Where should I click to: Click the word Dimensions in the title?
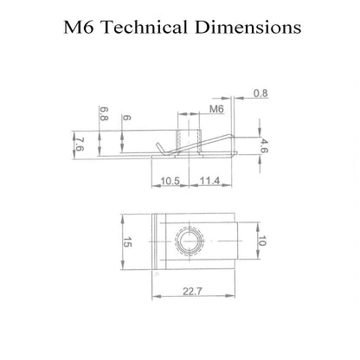click(248, 27)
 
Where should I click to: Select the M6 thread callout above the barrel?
click(216, 109)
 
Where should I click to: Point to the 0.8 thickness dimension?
click(260, 93)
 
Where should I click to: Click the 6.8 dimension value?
click(104, 113)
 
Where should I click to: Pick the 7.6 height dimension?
click(80, 145)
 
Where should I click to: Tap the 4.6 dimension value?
click(263, 146)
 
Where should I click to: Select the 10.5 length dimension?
click(170, 181)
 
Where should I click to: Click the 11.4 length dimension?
click(210, 181)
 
